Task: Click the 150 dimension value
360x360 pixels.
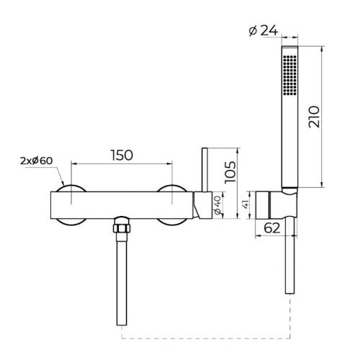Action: tap(122, 155)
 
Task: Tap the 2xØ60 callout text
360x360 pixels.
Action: tap(37, 161)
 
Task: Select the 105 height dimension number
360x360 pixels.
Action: tap(230, 172)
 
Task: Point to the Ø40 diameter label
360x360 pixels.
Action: tap(217, 204)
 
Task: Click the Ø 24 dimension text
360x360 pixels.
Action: tap(264, 31)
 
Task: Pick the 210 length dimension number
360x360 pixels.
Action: tap(315, 117)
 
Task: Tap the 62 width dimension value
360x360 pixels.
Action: tap(272, 228)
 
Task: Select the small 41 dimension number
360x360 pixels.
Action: tap(246, 204)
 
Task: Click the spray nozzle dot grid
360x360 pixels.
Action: tap(289, 75)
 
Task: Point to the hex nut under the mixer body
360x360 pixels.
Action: tap(122, 228)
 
